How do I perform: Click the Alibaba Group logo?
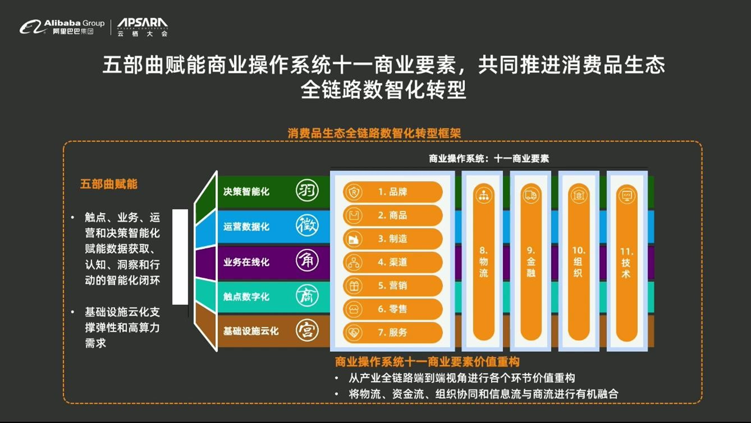[x=62, y=26]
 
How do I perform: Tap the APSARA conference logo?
[x=143, y=27]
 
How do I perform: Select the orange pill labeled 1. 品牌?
[x=393, y=192]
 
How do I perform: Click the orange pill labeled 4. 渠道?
[x=393, y=262]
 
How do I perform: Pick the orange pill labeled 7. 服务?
[x=393, y=333]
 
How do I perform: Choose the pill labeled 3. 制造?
[x=393, y=239]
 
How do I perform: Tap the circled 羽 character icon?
[x=307, y=190]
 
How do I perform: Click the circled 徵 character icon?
[x=307, y=225]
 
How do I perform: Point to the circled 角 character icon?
[x=307, y=260]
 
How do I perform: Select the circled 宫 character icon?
[x=307, y=330]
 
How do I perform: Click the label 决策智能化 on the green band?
[x=246, y=192]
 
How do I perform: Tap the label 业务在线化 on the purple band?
[x=246, y=262]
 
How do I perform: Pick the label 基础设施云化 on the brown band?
[x=251, y=331]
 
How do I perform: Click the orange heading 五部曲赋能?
[x=109, y=184]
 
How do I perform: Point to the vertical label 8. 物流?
[x=483, y=261]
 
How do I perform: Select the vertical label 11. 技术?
[x=626, y=263]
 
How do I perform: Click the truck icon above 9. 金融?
[x=531, y=195]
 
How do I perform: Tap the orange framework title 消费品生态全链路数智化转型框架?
[x=374, y=133]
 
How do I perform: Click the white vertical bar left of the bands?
[x=180, y=257]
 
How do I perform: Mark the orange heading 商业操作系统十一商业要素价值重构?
[x=427, y=362]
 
